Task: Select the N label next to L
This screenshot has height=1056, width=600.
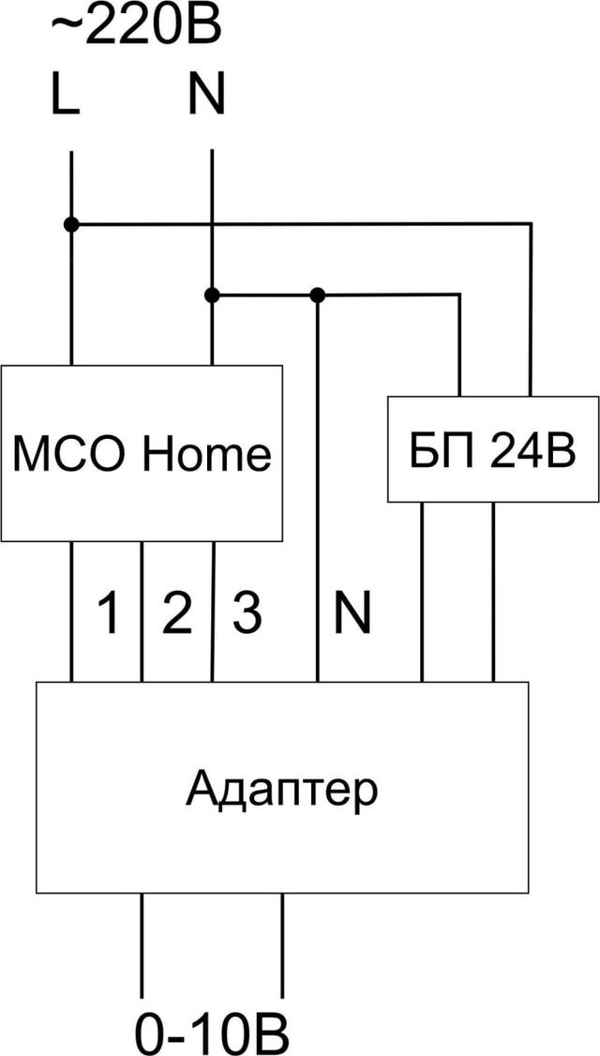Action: tap(206, 95)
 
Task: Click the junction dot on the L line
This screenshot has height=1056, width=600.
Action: tap(70, 224)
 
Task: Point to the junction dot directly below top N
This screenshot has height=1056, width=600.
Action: tap(212, 294)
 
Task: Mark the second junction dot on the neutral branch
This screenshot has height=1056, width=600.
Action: tap(318, 294)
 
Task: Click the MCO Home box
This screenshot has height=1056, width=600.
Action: tap(141, 453)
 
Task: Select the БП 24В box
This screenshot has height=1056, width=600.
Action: tap(493, 449)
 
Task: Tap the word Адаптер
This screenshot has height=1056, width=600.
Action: tap(281, 789)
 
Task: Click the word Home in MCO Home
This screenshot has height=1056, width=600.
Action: tap(207, 454)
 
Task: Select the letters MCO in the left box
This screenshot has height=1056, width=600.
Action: tap(72, 454)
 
